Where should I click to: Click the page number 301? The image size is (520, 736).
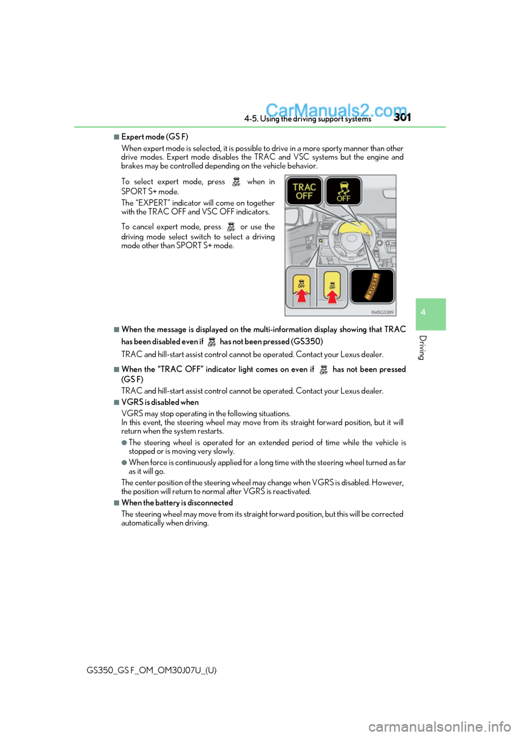[x=402, y=117]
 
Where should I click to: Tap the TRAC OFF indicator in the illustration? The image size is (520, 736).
[x=304, y=191]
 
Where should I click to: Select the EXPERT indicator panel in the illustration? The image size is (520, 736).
[x=372, y=286]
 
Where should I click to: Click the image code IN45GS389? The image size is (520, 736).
[x=382, y=313]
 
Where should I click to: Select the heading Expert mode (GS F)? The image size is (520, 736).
[x=154, y=137]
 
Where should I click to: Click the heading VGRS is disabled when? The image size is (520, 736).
[x=160, y=402]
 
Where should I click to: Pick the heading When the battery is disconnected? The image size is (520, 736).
[x=177, y=503]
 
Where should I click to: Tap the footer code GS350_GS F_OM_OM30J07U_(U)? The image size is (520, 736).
[x=151, y=670]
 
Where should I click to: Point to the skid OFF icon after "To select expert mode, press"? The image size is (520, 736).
[x=236, y=182]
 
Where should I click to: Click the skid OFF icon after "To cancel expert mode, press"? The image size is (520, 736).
[x=231, y=227]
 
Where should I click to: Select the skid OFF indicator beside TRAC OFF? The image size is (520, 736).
[x=343, y=191]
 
